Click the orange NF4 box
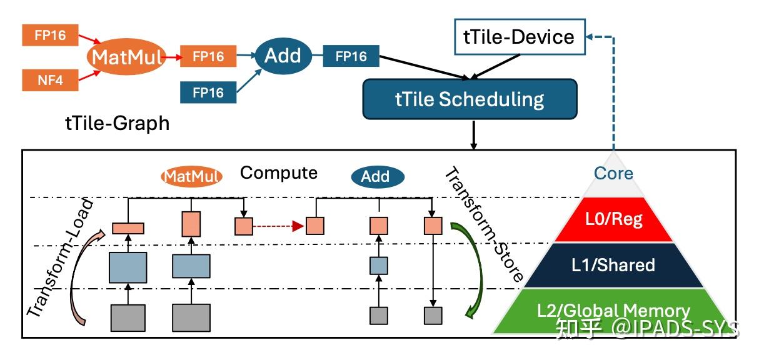click(50, 80)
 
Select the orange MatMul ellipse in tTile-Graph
click(126, 56)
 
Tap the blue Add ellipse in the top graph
click(283, 56)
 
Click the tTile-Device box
click(520, 37)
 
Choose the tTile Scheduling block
click(470, 99)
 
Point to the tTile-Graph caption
click(118, 123)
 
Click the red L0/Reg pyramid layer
click(613, 219)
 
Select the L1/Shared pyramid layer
click(613, 265)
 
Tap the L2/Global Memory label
click(613, 311)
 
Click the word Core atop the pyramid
click(613, 173)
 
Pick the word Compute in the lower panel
click(278, 173)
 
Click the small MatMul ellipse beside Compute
click(191, 176)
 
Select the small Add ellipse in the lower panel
click(378, 177)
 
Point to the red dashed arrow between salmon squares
click(278, 226)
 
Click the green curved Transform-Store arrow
click(471, 270)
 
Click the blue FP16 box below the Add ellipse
click(208, 92)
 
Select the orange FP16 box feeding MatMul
click(50, 35)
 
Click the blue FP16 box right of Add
click(351, 56)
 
